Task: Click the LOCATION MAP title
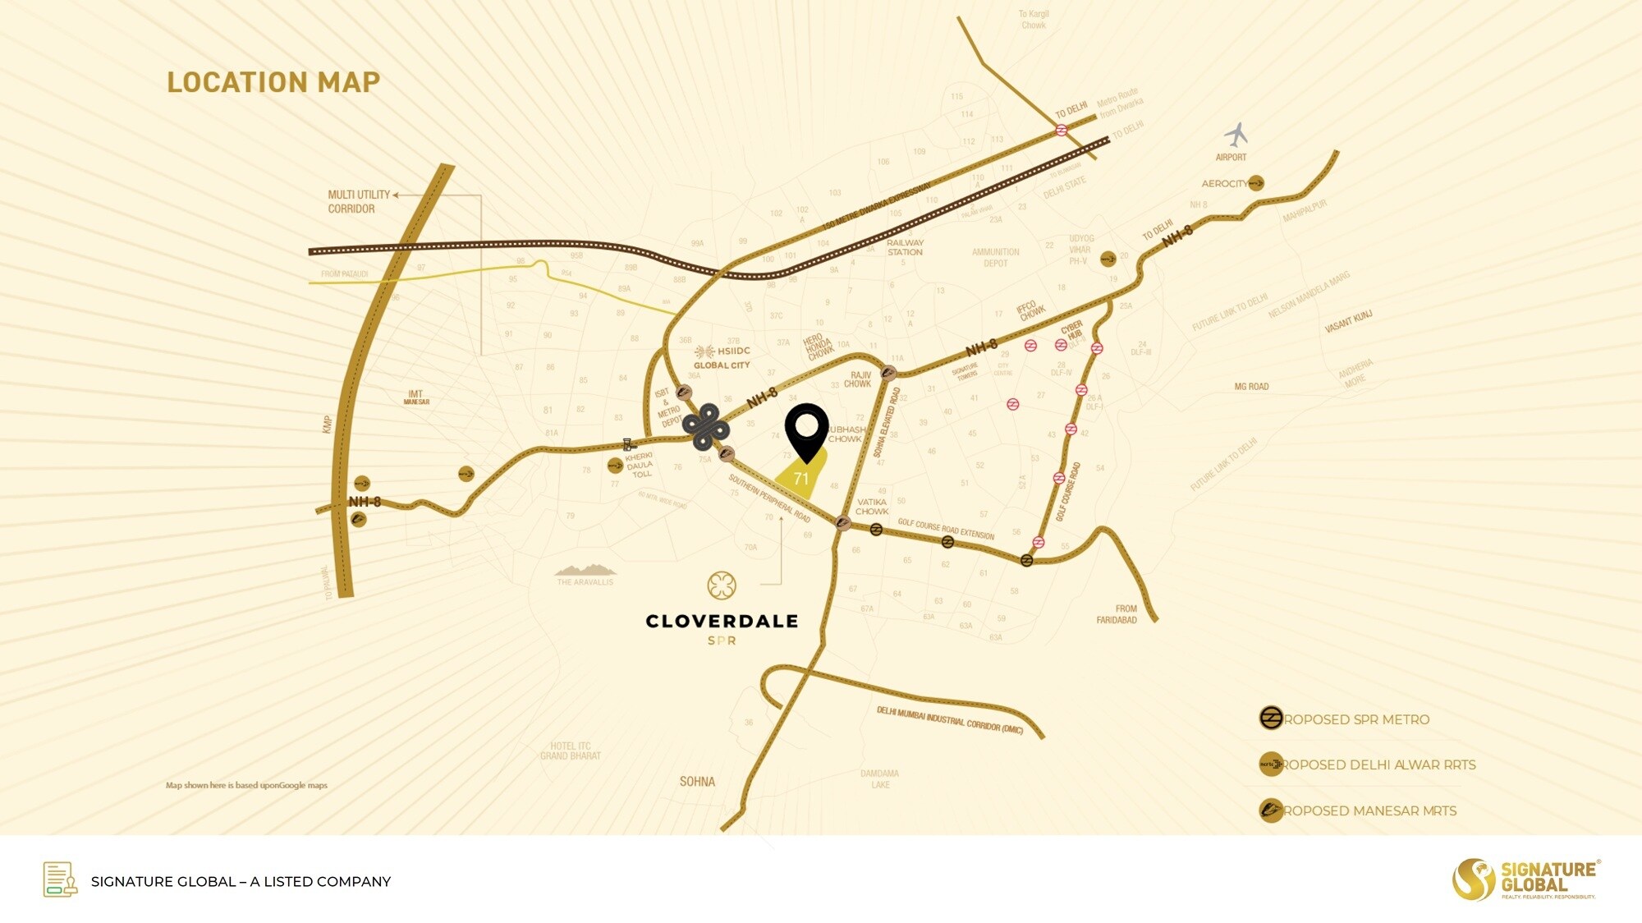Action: [x=273, y=82]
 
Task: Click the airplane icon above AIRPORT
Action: [x=1236, y=134]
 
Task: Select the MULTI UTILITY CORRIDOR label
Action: [x=354, y=201]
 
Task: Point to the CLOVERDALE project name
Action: [x=722, y=622]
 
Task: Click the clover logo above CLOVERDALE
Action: [x=721, y=585]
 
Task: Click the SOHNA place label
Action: [x=697, y=782]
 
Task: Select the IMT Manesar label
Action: [x=416, y=397]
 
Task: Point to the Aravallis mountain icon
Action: [x=585, y=569]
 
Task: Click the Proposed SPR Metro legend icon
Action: [x=1271, y=719]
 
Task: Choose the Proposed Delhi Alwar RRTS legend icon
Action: [x=1271, y=765]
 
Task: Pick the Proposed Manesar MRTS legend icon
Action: [x=1271, y=810]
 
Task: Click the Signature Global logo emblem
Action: [x=1473, y=879]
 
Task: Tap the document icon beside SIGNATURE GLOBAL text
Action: [x=60, y=879]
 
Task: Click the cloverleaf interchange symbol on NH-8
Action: [x=705, y=427]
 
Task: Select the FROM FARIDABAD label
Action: [x=1117, y=614]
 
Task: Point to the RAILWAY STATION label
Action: [x=904, y=247]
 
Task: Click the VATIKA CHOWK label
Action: [x=871, y=507]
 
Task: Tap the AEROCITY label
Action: [x=1223, y=183]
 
